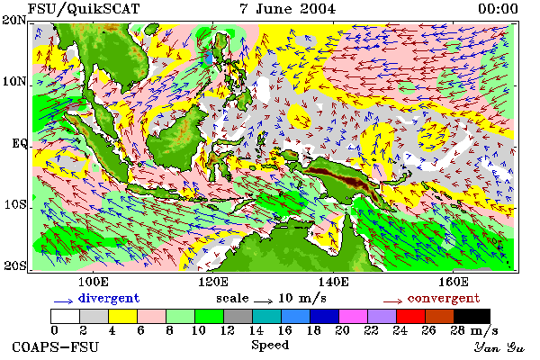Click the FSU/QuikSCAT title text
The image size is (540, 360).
click(84, 9)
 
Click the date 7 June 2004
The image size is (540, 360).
click(287, 9)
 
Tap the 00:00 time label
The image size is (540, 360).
click(498, 9)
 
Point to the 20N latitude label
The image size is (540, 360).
click(14, 21)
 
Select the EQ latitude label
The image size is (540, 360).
click(19, 143)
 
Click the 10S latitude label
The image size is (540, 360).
click(14, 204)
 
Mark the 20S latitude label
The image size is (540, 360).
click(14, 265)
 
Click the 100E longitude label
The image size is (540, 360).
click(94, 282)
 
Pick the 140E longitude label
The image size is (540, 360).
click(333, 282)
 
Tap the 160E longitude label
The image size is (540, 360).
click(454, 282)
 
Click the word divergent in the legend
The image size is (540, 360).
click(109, 298)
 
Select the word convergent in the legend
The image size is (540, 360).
click(444, 298)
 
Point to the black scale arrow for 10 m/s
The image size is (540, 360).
click(264, 301)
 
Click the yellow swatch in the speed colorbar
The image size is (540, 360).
click(123, 316)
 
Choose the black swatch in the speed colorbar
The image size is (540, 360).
click(472, 316)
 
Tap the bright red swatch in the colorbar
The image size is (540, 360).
click(410, 316)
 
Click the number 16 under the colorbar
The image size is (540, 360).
click(284, 330)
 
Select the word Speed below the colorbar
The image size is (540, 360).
click(270, 345)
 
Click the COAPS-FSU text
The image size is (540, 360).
click(56, 346)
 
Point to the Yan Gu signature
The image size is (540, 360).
click(499, 347)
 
